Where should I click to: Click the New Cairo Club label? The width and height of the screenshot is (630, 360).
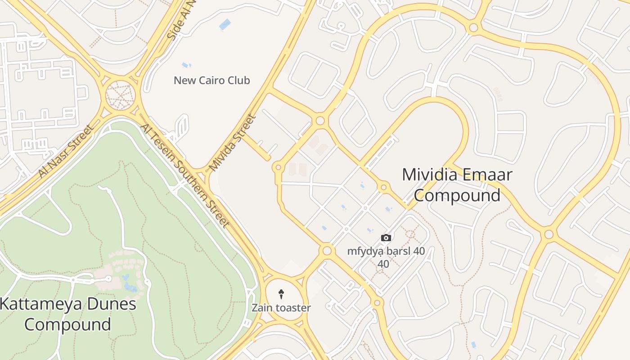tap(211, 81)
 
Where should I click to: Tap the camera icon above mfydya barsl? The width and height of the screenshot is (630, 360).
tap(386, 238)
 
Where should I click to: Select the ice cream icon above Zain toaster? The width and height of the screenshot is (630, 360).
tap(281, 294)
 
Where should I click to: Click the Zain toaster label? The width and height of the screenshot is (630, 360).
tap(281, 308)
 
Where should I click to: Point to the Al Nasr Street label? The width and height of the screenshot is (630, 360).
tap(66, 151)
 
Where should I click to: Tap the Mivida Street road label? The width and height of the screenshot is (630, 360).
tap(233, 143)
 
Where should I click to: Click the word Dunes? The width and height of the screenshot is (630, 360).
tap(108, 304)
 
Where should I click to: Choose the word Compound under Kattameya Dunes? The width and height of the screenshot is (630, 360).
tap(67, 324)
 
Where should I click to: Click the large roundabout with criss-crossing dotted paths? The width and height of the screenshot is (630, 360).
tap(120, 95)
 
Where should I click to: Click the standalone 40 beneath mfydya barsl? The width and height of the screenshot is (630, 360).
tap(383, 264)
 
